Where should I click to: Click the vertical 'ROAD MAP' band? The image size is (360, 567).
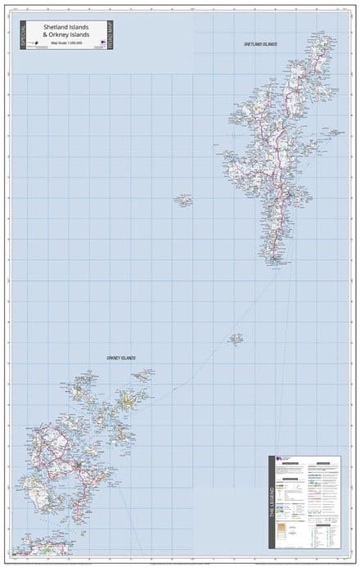point(109,34)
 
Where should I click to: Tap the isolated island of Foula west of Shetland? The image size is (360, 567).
point(182,200)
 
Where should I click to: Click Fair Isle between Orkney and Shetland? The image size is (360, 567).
point(236,338)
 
